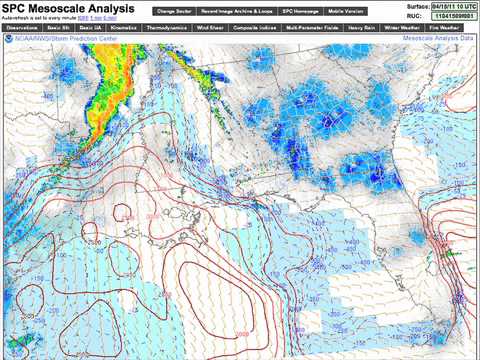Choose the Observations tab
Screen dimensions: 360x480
[22, 27]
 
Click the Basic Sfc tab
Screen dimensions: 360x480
[59, 27]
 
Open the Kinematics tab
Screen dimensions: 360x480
[124, 27]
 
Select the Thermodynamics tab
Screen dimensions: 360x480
[166, 27]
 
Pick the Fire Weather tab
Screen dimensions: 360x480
[447, 27]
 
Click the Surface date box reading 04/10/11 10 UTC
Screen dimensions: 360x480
[453, 6]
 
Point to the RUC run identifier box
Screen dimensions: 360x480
[453, 16]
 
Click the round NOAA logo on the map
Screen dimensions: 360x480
[8, 38]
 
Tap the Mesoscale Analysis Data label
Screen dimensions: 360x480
[438, 36]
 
